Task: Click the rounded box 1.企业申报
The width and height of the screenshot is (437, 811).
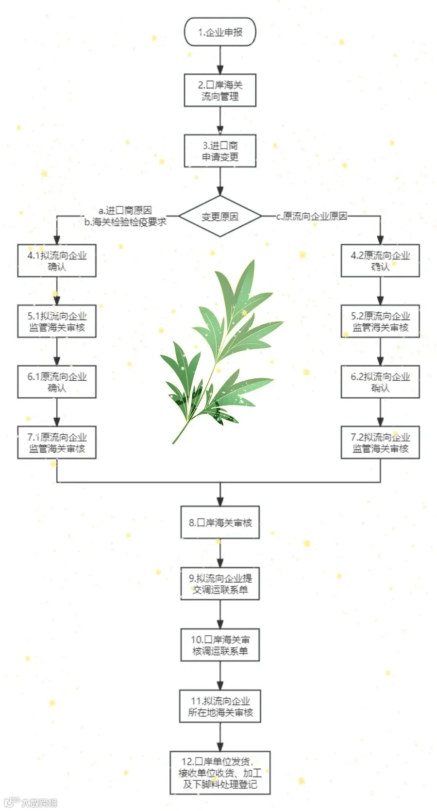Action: point(220,33)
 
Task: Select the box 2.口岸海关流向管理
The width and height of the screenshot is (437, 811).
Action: point(220,90)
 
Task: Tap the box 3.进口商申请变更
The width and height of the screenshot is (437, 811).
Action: point(220,151)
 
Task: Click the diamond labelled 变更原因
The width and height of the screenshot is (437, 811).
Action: point(220,217)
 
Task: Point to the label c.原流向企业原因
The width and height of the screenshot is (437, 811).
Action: point(312,217)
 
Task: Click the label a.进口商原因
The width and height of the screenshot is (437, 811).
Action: point(125,210)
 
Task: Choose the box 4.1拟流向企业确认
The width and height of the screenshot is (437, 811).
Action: point(57,261)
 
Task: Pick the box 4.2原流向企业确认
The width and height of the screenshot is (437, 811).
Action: point(380,261)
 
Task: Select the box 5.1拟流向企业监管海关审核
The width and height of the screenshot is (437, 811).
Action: point(57,321)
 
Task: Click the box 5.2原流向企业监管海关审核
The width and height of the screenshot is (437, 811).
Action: point(380,321)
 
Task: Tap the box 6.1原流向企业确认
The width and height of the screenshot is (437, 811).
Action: point(57,382)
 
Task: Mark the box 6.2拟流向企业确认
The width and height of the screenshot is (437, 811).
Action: point(380,382)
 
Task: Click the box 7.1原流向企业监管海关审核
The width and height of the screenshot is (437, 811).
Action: point(57,442)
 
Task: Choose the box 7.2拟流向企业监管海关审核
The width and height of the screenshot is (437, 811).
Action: point(380,442)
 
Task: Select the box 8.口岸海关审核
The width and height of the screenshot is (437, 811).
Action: point(220,523)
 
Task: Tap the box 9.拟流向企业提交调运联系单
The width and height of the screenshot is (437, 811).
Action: point(220,584)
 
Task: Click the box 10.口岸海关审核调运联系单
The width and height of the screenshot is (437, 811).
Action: point(220,645)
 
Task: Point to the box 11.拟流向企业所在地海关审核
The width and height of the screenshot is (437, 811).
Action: point(220,706)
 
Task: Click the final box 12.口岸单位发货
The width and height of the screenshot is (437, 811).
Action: point(220,773)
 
